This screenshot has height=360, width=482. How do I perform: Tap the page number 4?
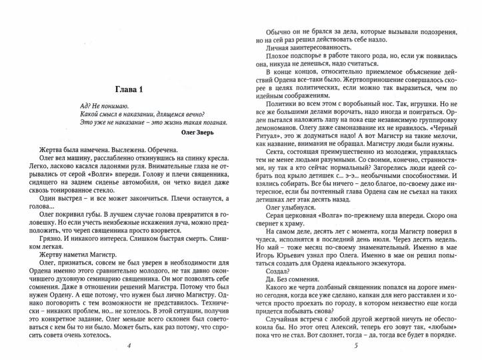(129, 345)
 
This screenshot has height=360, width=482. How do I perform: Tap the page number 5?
(357, 345)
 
